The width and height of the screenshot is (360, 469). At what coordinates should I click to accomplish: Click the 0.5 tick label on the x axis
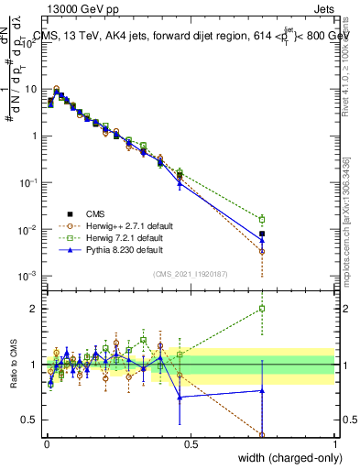click(190, 443)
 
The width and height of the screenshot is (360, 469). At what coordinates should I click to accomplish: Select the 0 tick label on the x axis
click(46, 443)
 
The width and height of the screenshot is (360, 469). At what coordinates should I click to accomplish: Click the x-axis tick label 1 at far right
click(335, 443)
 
